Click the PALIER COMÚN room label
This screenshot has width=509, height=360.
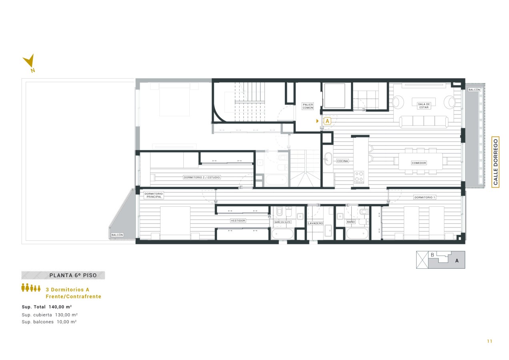pyautogui.click(x=308, y=106)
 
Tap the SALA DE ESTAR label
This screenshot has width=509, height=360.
pyautogui.click(x=424, y=106)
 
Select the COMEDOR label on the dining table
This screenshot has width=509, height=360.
pyautogui.click(x=419, y=163)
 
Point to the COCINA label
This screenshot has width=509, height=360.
pyautogui.click(x=343, y=161)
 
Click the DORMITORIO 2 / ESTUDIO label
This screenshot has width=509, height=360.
pyautogui.click(x=202, y=177)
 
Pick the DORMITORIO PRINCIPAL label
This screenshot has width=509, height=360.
pyautogui.click(x=154, y=195)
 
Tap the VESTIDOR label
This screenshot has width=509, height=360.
pyautogui.click(x=238, y=220)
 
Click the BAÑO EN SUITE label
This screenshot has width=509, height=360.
pyautogui.click(x=283, y=222)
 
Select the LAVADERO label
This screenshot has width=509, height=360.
pyautogui.click(x=315, y=223)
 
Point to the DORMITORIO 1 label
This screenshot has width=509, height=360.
pyautogui.click(x=425, y=197)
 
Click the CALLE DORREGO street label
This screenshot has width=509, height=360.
pyautogui.click(x=495, y=162)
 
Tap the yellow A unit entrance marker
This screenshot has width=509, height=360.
pyautogui.click(x=327, y=121)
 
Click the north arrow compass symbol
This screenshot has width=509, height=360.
pyautogui.click(x=30, y=62)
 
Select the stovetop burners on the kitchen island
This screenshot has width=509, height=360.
pyautogui.click(x=359, y=177)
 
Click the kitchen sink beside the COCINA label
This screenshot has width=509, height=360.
pyautogui.click(x=327, y=159)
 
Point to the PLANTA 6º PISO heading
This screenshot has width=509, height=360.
pyautogui.click(x=73, y=275)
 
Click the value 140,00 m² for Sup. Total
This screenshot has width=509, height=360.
pyautogui.click(x=60, y=307)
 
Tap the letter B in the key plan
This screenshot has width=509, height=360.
pyautogui.click(x=433, y=255)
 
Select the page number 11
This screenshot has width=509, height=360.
pyautogui.click(x=490, y=341)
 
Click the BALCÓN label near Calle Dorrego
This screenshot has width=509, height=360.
pyautogui.click(x=474, y=90)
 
